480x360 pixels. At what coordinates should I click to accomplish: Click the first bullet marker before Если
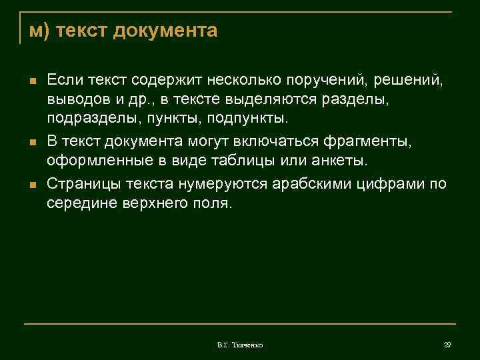(31, 81)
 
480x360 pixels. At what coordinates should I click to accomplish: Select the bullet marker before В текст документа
(31, 143)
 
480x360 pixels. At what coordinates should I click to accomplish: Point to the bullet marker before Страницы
(31, 185)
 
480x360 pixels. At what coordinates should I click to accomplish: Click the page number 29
(447, 345)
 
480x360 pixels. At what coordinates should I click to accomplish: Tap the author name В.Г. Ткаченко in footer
(239, 345)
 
